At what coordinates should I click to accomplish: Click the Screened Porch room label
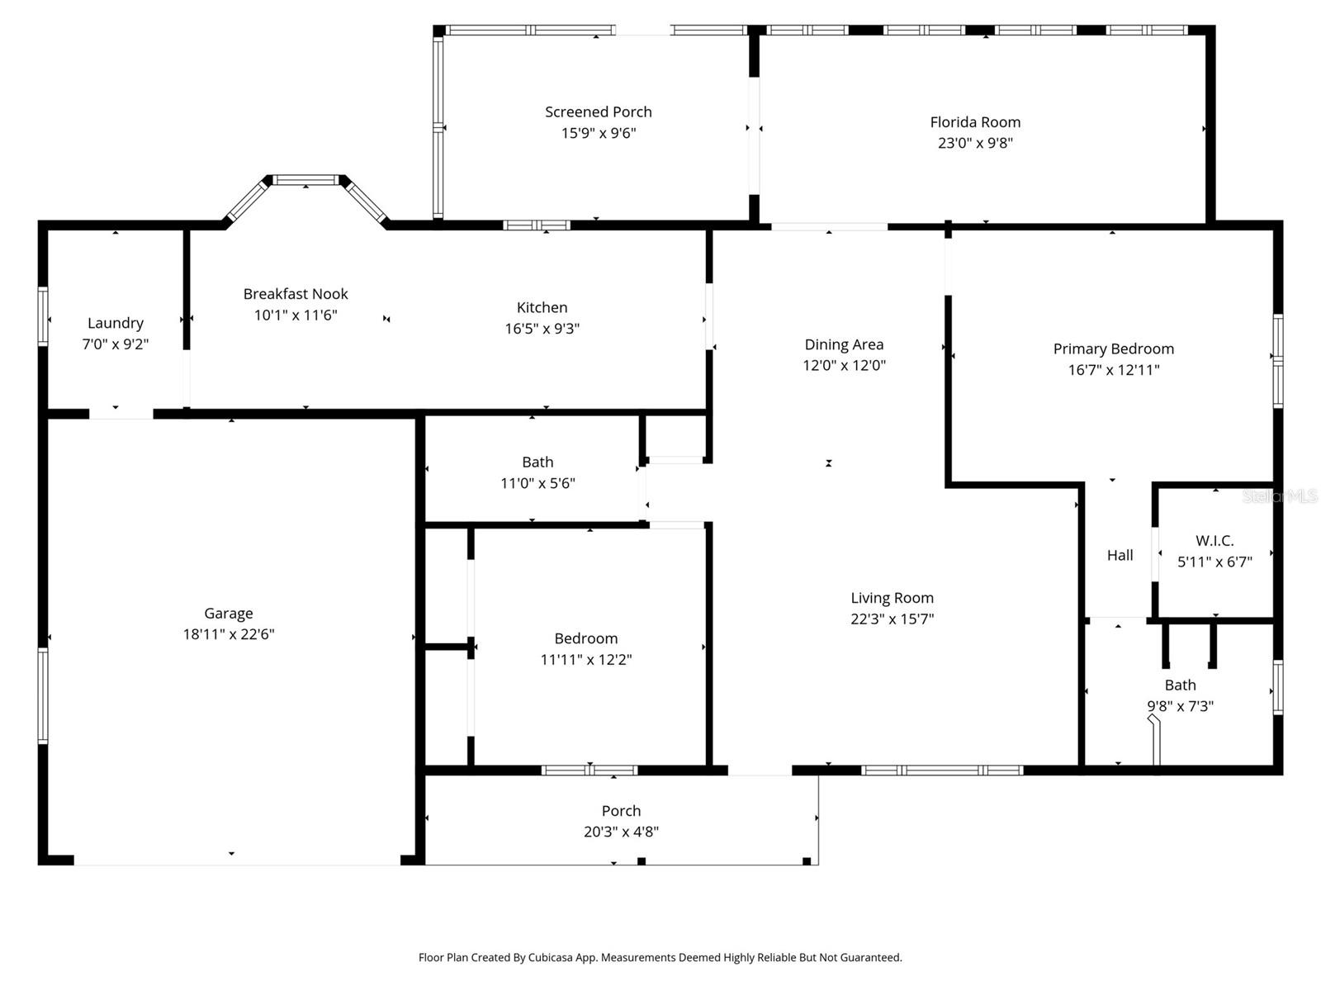coord(598,111)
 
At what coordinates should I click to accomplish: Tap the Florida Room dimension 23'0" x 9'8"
coord(974,143)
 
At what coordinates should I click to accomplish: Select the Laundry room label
coord(116,323)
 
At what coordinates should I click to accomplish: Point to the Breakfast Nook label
coord(296,294)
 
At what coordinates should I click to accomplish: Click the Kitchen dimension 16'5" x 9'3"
coord(542,329)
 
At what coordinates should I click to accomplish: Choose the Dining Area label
coord(844,344)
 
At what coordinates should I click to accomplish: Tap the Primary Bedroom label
coord(1113,349)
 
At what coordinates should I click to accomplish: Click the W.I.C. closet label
coord(1214,541)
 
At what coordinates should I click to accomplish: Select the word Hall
coord(1120,555)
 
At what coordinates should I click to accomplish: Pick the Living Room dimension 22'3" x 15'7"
coord(892,619)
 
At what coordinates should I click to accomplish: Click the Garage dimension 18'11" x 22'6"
coord(229,634)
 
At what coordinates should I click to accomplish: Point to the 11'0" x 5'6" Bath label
coord(537,462)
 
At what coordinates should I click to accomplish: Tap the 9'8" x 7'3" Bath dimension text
coord(1180,706)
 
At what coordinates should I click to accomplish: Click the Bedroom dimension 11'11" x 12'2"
coord(585,659)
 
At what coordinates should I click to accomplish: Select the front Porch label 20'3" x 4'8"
coord(621,811)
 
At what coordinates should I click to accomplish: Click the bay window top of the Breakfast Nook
coord(305,180)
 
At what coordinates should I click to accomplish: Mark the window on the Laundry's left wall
coord(43,315)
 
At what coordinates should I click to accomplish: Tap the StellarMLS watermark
coord(1280,496)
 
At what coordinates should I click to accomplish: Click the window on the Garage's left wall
coord(43,695)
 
